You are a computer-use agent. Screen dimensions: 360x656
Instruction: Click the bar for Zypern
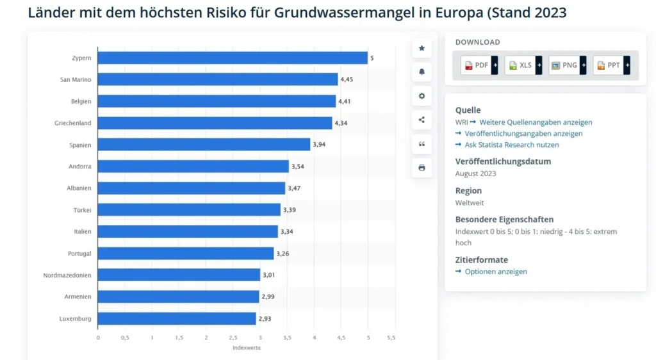[x=233, y=58]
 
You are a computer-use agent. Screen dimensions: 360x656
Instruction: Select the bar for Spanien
[x=204, y=145]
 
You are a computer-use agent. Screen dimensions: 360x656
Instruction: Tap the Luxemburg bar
[x=177, y=318]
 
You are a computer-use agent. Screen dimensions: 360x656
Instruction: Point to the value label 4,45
[x=347, y=79]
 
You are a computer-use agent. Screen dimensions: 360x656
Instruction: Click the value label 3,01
[x=269, y=275]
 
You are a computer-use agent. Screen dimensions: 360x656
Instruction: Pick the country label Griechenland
[x=72, y=123]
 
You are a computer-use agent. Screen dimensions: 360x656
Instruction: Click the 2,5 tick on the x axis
[x=233, y=337]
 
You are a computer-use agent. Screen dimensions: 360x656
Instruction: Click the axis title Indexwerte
[x=246, y=348]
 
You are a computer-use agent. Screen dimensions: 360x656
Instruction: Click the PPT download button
[x=611, y=65]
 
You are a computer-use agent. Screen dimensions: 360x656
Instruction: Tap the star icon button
[x=422, y=48]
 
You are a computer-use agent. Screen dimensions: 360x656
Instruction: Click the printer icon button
[x=422, y=168]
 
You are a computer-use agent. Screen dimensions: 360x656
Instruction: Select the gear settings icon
[x=422, y=96]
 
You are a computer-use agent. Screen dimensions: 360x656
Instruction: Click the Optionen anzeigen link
[x=496, y=272]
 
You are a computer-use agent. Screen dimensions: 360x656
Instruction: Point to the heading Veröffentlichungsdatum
[x=503, y=161]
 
